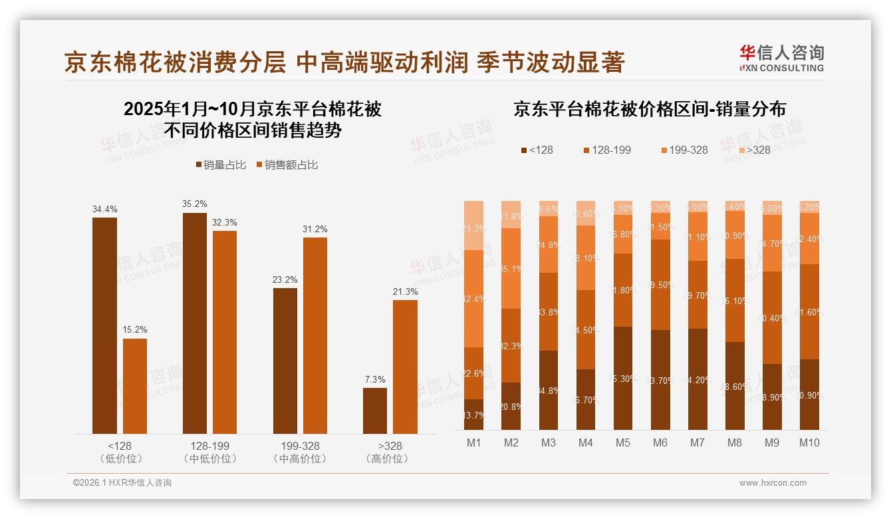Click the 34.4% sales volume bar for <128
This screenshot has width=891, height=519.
tap(104, 325)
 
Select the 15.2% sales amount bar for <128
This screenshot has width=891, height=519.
tap(135, 386)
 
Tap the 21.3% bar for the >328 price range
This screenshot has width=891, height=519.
tap(405, 367)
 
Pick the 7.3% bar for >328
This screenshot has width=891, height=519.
tap(374, 411)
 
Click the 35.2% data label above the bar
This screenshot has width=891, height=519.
tap(195, 204)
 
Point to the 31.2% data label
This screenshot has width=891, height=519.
tap(315, 229)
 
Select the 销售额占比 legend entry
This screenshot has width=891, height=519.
tap(287, 165)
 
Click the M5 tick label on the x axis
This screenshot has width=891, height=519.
tap(622, 442)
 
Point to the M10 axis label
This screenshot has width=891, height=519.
tap(809, 442)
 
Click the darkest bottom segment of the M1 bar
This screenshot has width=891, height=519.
tap(473, 414)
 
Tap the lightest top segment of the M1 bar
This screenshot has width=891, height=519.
tap(473, 225)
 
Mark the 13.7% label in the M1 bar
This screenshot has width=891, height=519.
tap(473, 415)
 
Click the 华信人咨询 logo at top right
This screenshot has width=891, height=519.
tap(781, 58)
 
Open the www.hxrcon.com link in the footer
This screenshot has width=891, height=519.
tap(773, 483)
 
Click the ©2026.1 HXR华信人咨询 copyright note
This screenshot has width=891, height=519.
tap(122, 483)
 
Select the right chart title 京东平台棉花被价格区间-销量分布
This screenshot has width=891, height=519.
tap(649, 109)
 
